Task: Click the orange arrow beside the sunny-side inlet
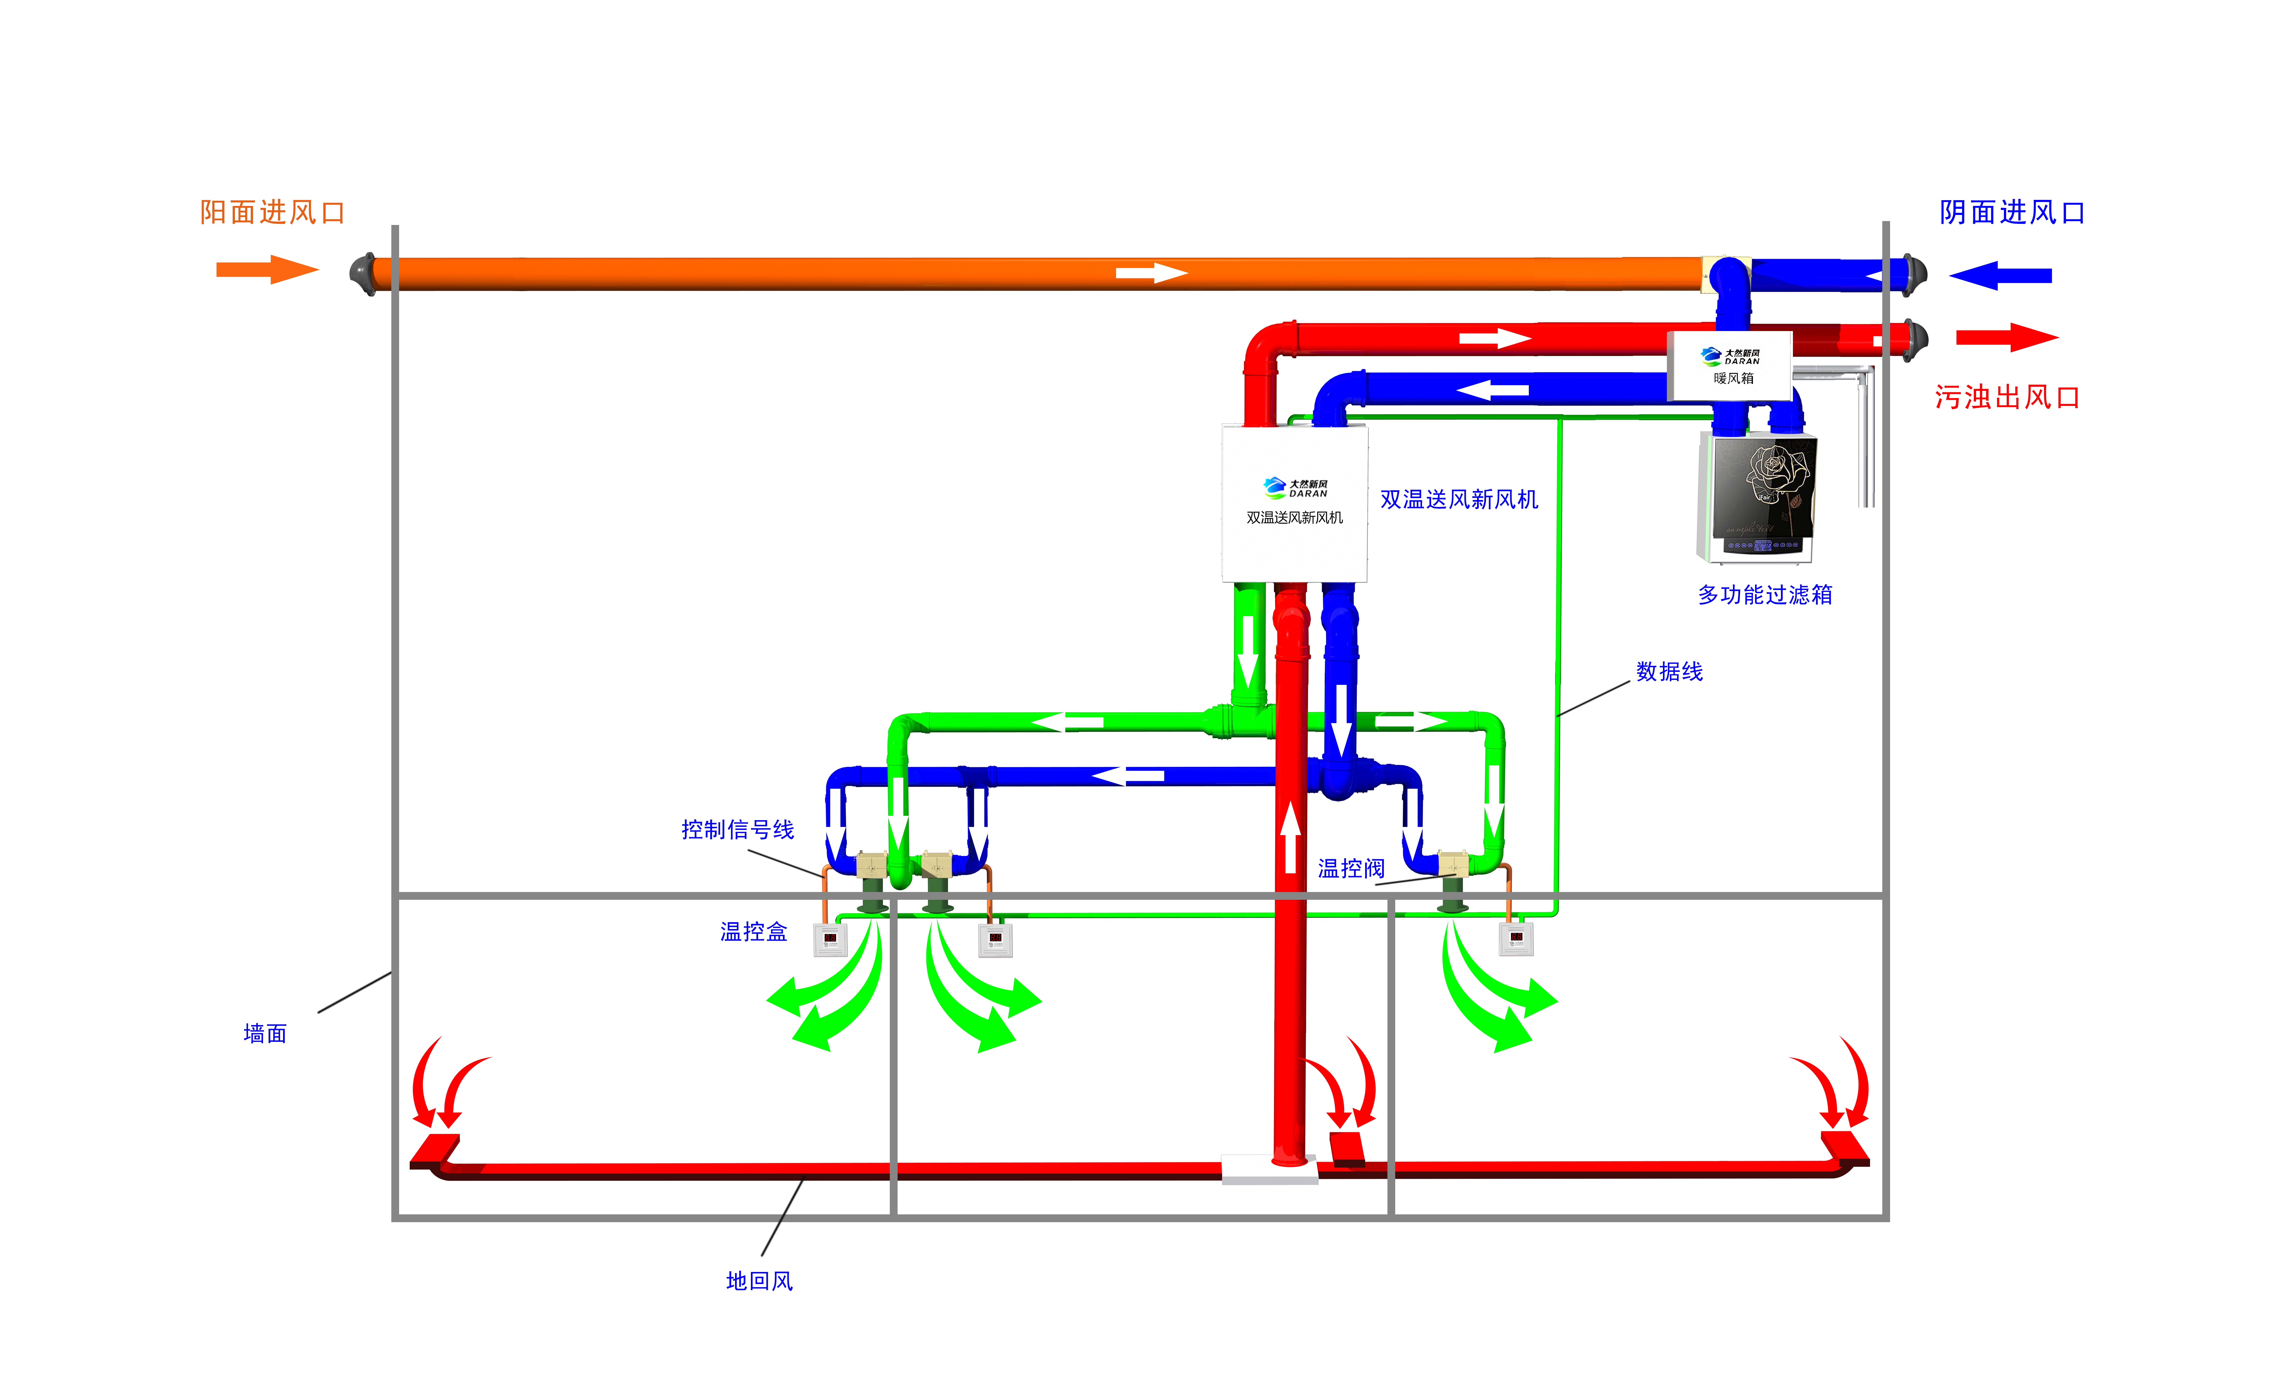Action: click(x=267, y=270)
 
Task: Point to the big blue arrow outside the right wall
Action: click(x=2001, y=275)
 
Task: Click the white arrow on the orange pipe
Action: click(x=1151, y=273)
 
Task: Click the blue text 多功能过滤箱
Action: click(x=1765, y=595)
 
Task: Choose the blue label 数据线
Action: click(x=1669, y=672)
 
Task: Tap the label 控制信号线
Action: click(x=738, y=829)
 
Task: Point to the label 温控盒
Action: click(x=753, y=932)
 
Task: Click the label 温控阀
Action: click(x=1351, y=868)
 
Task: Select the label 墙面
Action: click(x=265, y=1034)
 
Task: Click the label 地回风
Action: click(x=759, y=1281)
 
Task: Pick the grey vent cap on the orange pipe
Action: click(x=363, y=273)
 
